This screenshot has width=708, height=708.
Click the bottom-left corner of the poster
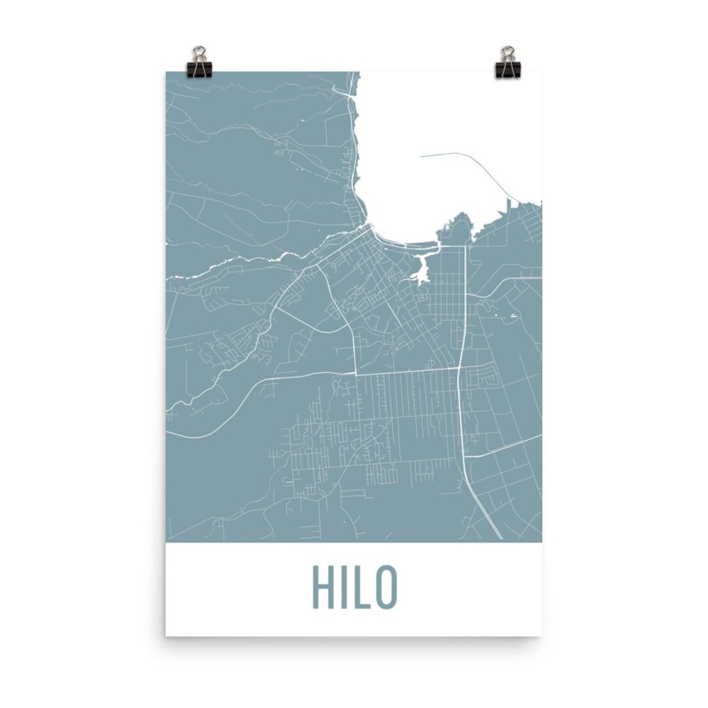coord(167,635)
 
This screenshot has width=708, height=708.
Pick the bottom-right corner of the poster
coord(541,635)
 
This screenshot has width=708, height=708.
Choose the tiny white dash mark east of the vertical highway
coord(513,317)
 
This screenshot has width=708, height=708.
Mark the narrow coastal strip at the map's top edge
coord(355,82)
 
